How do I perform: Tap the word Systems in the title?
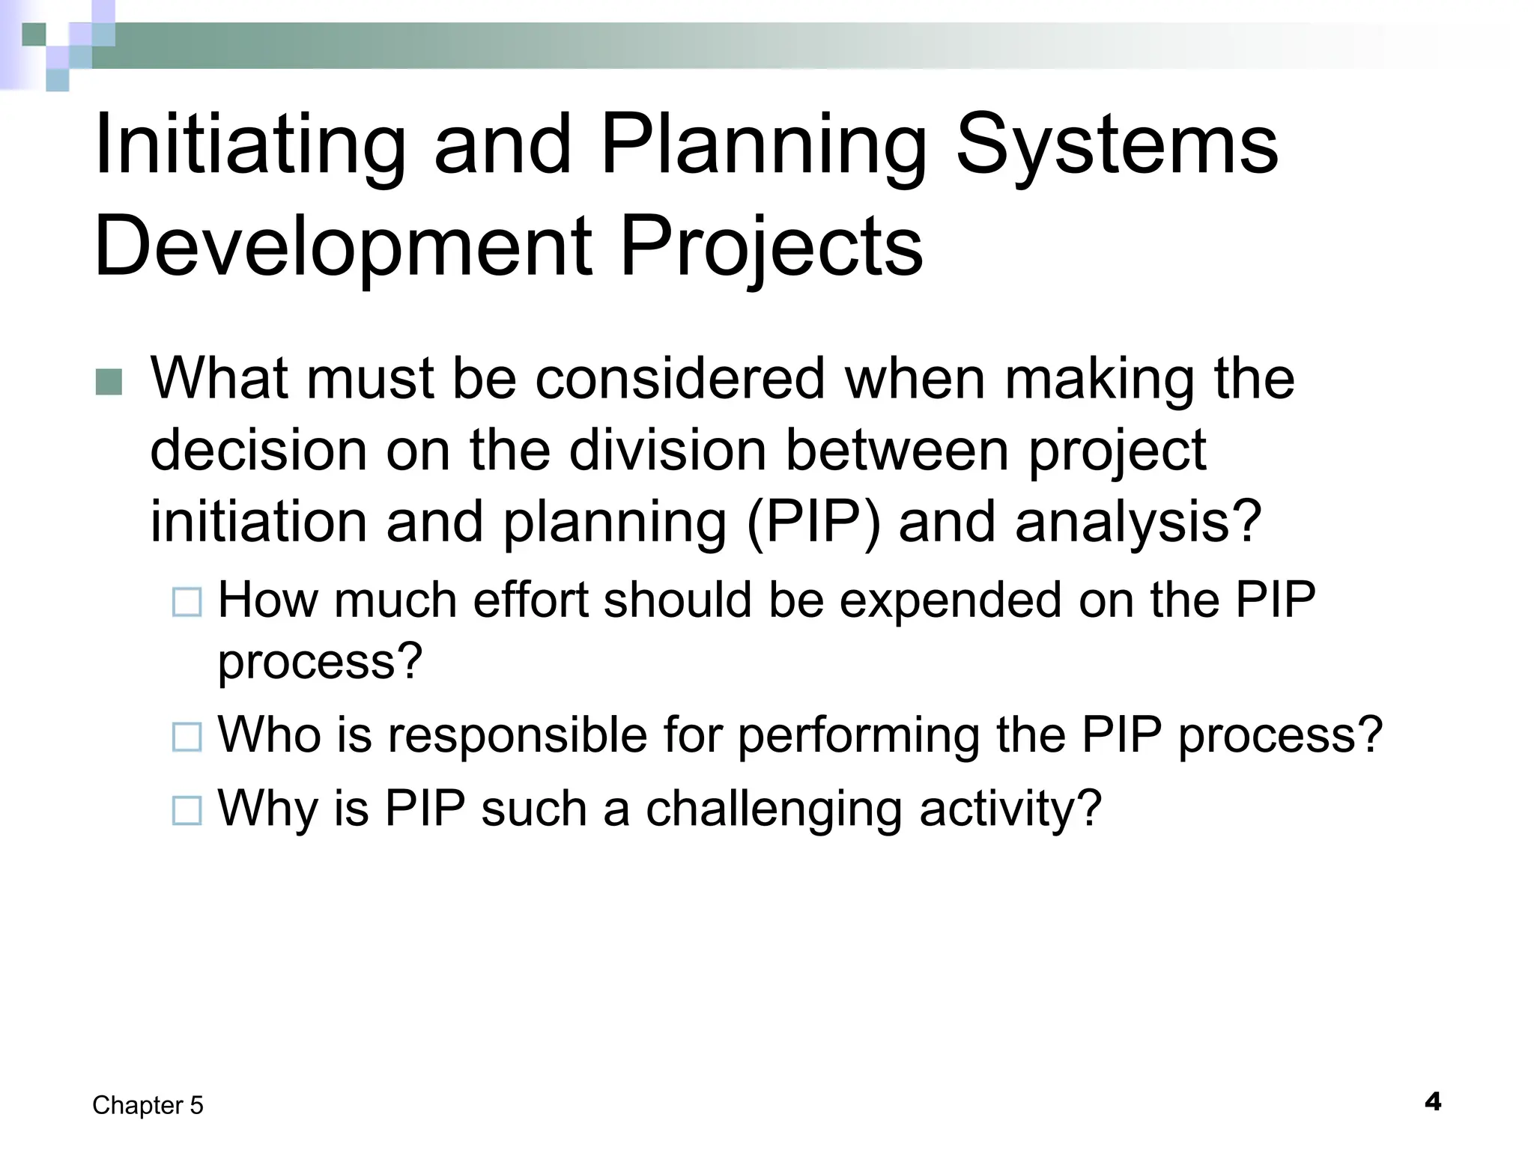[x=1117, y=145]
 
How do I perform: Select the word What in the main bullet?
[x=218, y=378]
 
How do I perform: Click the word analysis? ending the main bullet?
[x=1139, y=522]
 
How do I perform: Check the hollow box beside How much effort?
[x=187, y=602]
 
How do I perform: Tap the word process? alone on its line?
[x=320, y=662]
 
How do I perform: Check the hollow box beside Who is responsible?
[x=187, y=737]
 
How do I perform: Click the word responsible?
[x=518, y=734]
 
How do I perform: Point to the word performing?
[x=858, y=734]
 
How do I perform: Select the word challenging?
[x=774, y=809]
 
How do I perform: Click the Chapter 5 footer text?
[x=148, y=1105]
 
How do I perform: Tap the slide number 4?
[x=1432, y=1102]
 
